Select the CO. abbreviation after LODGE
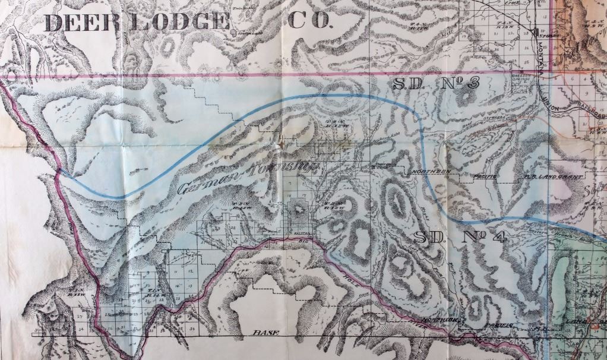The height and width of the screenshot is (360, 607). point(308,21)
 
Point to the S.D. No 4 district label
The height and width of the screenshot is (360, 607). point(460,238)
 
